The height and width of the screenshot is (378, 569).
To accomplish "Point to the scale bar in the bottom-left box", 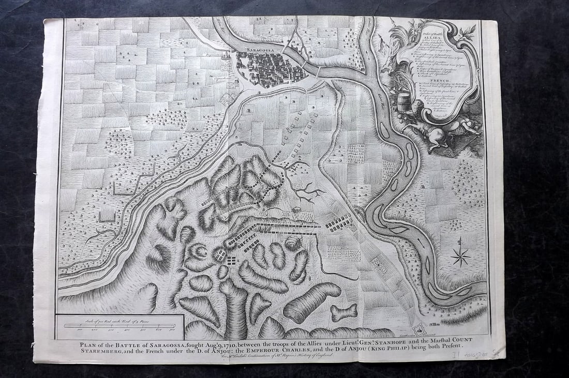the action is [118, 325].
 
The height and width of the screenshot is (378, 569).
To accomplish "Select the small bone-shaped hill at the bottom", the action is [344, 312].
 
